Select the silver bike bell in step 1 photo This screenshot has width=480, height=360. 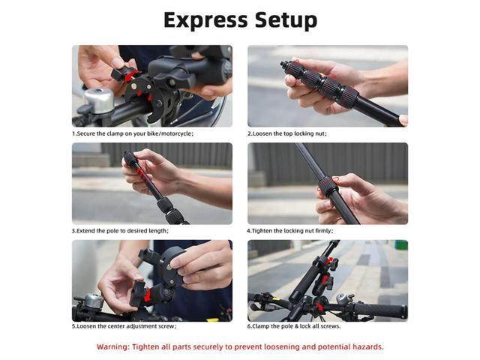pos(99,100)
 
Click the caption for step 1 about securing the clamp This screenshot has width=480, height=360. pos(133,133)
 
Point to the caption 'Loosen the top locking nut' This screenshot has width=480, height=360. pos(287,133)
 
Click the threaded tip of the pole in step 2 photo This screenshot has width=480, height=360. pos(286,65)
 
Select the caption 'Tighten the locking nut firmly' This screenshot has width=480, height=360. pos(291,230)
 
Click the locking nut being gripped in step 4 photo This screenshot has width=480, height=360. pos(328,187)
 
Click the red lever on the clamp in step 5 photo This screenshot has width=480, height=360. pos(147,295)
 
